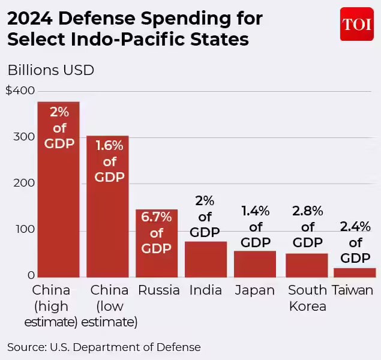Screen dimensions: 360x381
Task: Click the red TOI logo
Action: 356,24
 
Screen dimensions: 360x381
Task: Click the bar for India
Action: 205,259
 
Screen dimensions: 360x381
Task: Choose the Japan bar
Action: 254,263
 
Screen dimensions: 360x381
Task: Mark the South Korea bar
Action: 307,265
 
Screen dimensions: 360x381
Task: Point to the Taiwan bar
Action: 355,272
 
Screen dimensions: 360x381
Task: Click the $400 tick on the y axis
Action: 20,91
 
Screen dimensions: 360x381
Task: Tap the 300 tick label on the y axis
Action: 22,137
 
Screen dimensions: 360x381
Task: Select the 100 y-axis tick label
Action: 22,229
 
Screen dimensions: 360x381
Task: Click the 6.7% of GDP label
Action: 157,233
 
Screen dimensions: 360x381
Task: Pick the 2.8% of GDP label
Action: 307,227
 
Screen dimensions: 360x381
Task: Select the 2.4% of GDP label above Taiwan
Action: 355,242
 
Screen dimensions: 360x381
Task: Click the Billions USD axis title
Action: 50,70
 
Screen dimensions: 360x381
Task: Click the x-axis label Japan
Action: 254,290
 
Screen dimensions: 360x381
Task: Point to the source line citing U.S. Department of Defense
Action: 104,347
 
